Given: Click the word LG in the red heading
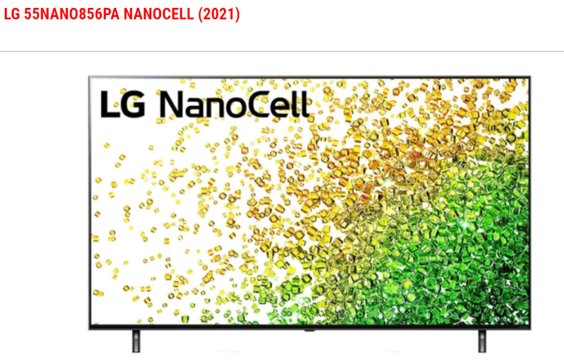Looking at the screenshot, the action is tap(12, 15).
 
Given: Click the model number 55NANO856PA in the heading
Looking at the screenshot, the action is tap(71, 15).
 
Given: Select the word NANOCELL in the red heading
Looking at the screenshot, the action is tap(159, 15).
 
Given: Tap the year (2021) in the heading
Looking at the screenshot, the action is tap(218, 15).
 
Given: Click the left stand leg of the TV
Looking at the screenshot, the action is tap(136, 341).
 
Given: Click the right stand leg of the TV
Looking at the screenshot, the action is tap(482, 341).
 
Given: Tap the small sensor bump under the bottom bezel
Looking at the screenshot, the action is tap(309, 330).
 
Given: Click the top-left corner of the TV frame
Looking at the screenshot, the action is tap(89, 77).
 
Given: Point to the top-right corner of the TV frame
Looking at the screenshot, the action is tap(530, 77).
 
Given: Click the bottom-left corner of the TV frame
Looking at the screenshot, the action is tap(89, 329).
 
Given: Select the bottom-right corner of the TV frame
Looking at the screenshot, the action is tap(530, 329).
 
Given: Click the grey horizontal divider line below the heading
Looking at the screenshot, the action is tap(282, 51).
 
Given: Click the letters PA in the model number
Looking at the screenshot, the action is tap(111, 15).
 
